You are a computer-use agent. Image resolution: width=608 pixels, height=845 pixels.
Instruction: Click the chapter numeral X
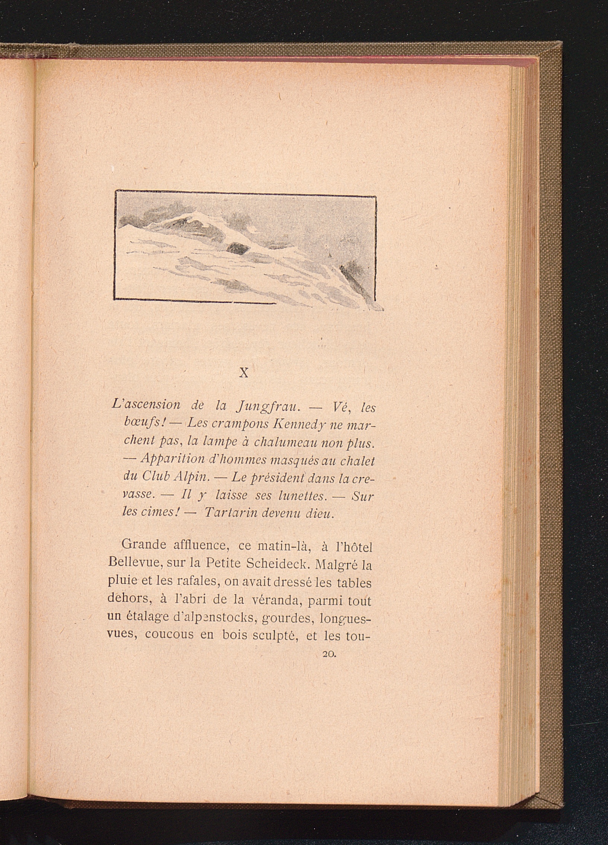tap(243, 373)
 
